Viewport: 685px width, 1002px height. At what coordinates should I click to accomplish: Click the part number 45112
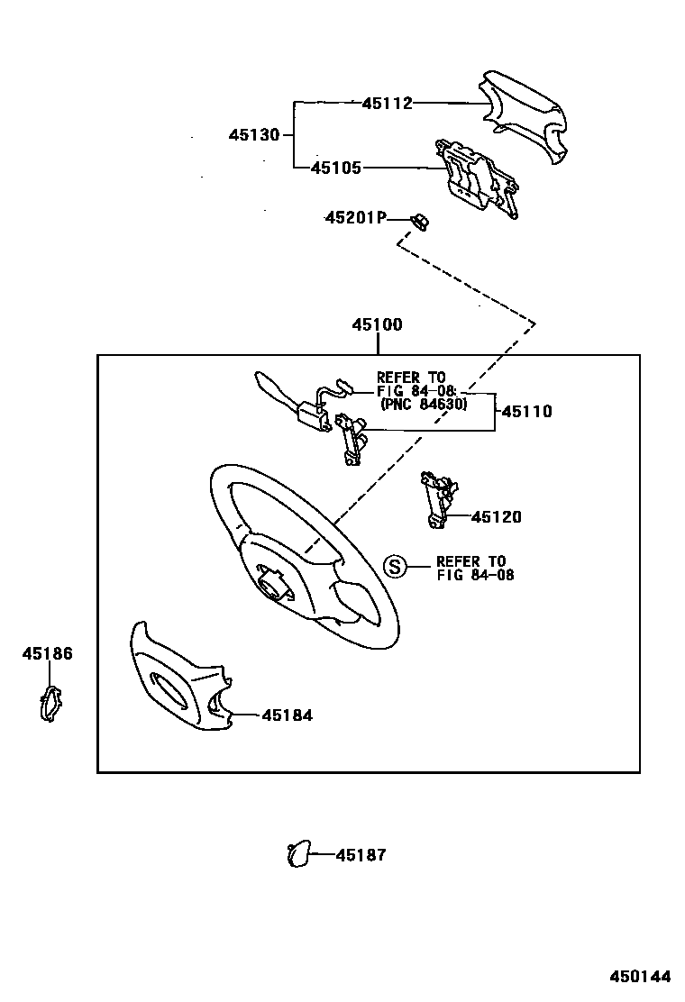[387, 104]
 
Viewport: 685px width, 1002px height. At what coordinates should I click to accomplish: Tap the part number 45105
[335, 168]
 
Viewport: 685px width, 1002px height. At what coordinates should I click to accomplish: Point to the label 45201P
[355, 218]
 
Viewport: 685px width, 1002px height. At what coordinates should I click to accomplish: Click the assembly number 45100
[377, 325]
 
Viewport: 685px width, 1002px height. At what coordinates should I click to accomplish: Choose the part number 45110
[526, 412]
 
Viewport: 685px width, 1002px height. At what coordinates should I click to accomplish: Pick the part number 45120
[496, 517]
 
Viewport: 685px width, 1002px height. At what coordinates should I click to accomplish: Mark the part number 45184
[287, 715]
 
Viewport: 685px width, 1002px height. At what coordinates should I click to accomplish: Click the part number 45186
[47, 654]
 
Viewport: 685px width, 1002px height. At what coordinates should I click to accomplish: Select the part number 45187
[361, 855]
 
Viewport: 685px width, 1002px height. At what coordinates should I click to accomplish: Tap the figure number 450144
[640, 977]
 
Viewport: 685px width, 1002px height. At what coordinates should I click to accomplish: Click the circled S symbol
[394, 567]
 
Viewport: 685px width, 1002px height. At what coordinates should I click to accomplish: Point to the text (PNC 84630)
[423, 405]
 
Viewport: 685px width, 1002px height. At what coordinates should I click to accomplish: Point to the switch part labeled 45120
[440, 496]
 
